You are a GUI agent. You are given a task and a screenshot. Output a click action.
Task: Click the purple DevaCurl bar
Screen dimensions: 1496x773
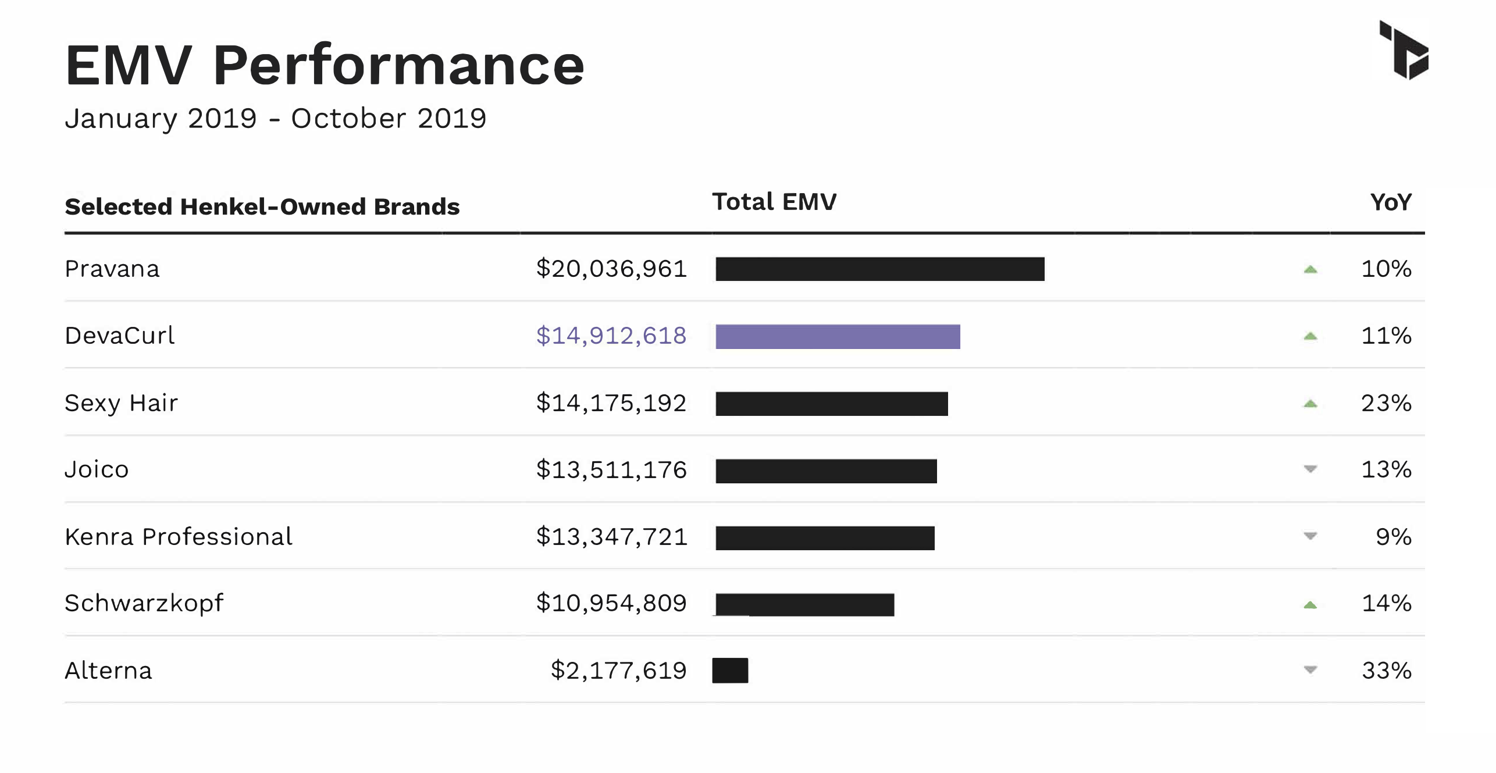[x=838, y=337]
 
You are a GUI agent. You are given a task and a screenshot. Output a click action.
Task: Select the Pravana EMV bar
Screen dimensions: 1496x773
[x=880, y=269]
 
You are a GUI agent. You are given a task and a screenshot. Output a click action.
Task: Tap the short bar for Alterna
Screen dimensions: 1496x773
[x=730, y=671]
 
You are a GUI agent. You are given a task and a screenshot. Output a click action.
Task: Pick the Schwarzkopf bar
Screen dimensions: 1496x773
[x=804, y=605]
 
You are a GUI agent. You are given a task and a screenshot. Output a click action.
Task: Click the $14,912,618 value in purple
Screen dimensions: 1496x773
[x=611, y=336]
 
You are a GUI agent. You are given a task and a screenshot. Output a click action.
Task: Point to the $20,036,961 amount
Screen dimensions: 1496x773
[x=611, y=269]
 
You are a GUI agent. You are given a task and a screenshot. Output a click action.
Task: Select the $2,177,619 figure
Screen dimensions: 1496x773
[x=619, y=671]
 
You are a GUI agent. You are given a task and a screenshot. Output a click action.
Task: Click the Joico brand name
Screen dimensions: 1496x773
[x=97, y=469]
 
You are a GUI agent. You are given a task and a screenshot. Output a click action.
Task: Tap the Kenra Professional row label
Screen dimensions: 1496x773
[x=179, y=536]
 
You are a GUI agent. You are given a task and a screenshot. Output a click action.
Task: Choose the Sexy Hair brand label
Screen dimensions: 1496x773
[x=121, y=403]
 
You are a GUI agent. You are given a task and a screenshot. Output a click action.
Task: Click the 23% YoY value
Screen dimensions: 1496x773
[x=1386, y=402]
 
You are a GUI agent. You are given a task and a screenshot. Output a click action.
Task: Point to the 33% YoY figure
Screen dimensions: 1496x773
[x=1387, y=671]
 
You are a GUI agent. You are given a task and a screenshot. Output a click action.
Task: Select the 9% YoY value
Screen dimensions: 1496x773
[x=1394, y=536]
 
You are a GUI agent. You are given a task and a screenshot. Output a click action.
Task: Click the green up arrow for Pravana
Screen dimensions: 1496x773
[x=1310, y=269]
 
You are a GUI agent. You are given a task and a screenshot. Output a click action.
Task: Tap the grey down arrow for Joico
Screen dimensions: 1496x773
[x=1310, y=469]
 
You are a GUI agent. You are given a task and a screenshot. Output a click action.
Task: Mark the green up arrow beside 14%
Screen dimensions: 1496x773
[x=1310, y=605]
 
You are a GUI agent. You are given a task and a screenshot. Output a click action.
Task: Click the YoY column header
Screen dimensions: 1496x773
[x=1391, y=202]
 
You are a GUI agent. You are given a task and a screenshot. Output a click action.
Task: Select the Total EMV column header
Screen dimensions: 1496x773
[x=774, y=202]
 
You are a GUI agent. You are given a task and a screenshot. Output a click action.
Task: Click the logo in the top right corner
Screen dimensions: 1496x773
[x=1404, y=50]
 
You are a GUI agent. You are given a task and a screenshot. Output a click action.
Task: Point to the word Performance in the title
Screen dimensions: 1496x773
[x=398, y=65]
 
